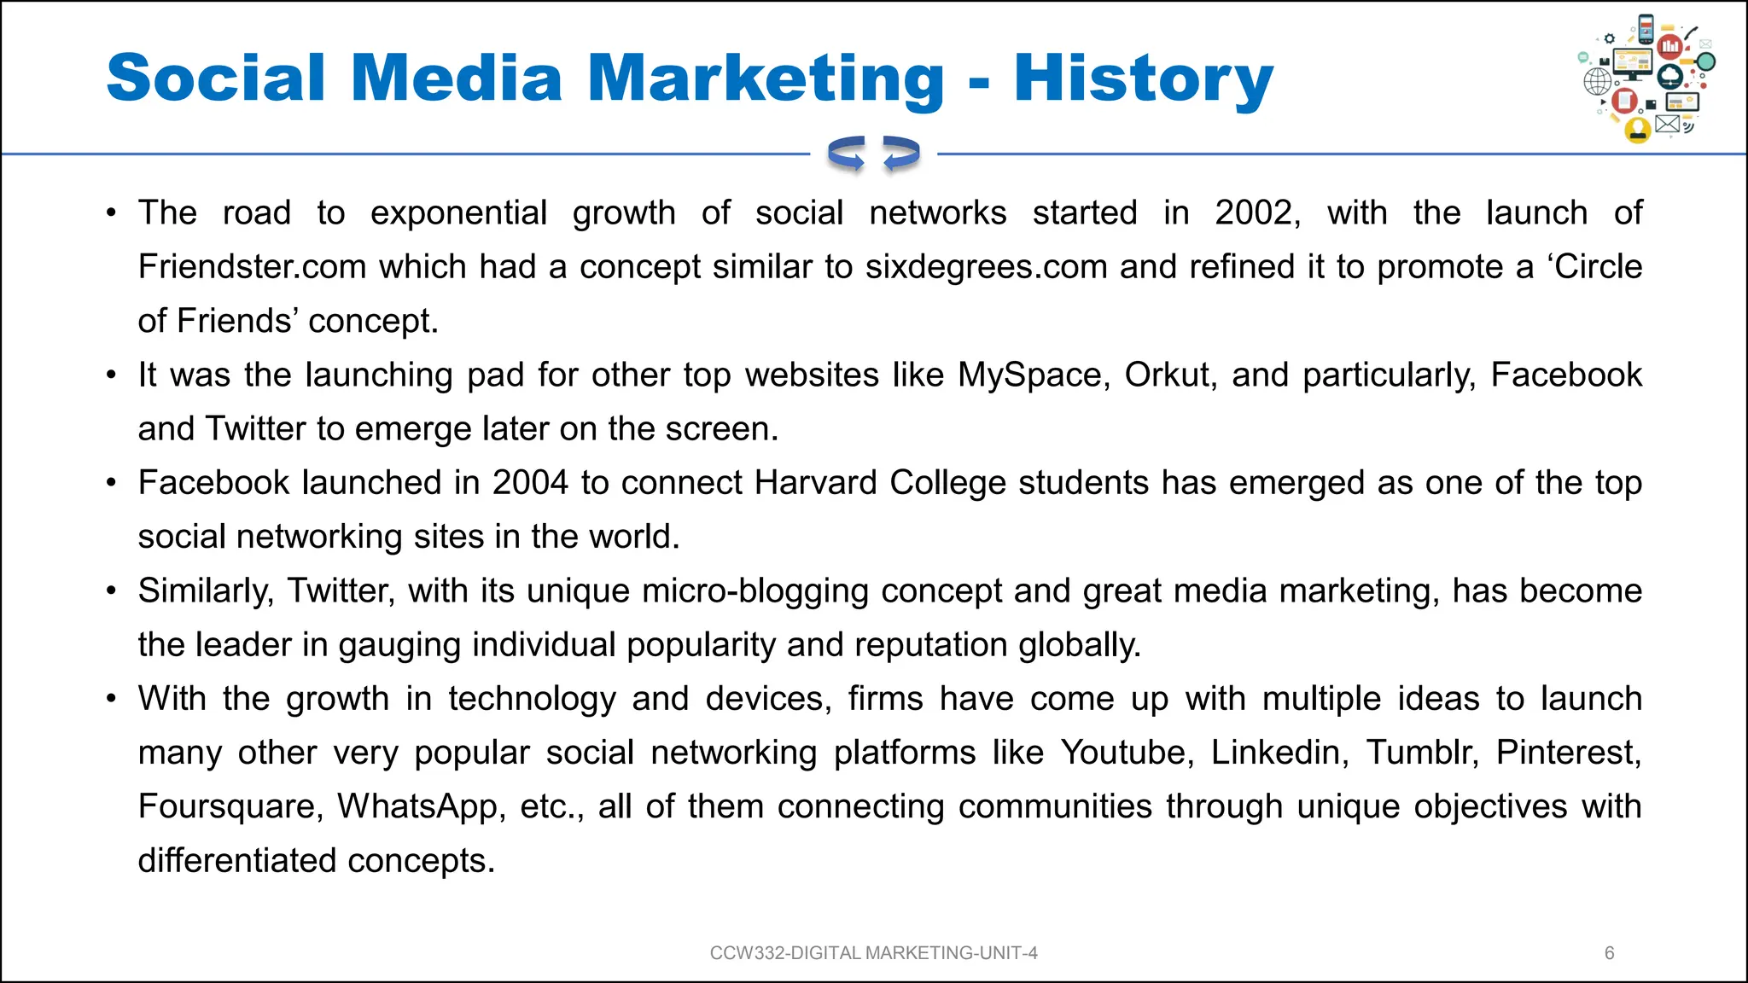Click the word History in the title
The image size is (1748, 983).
click(1144, 79)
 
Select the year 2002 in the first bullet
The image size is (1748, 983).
click(1256, 212)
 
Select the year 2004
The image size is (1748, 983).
click(530, 483)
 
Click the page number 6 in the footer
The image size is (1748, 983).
click(1610, 953)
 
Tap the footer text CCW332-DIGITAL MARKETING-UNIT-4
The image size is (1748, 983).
click(873, 953)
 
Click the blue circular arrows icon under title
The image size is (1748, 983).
click(873, 154)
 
